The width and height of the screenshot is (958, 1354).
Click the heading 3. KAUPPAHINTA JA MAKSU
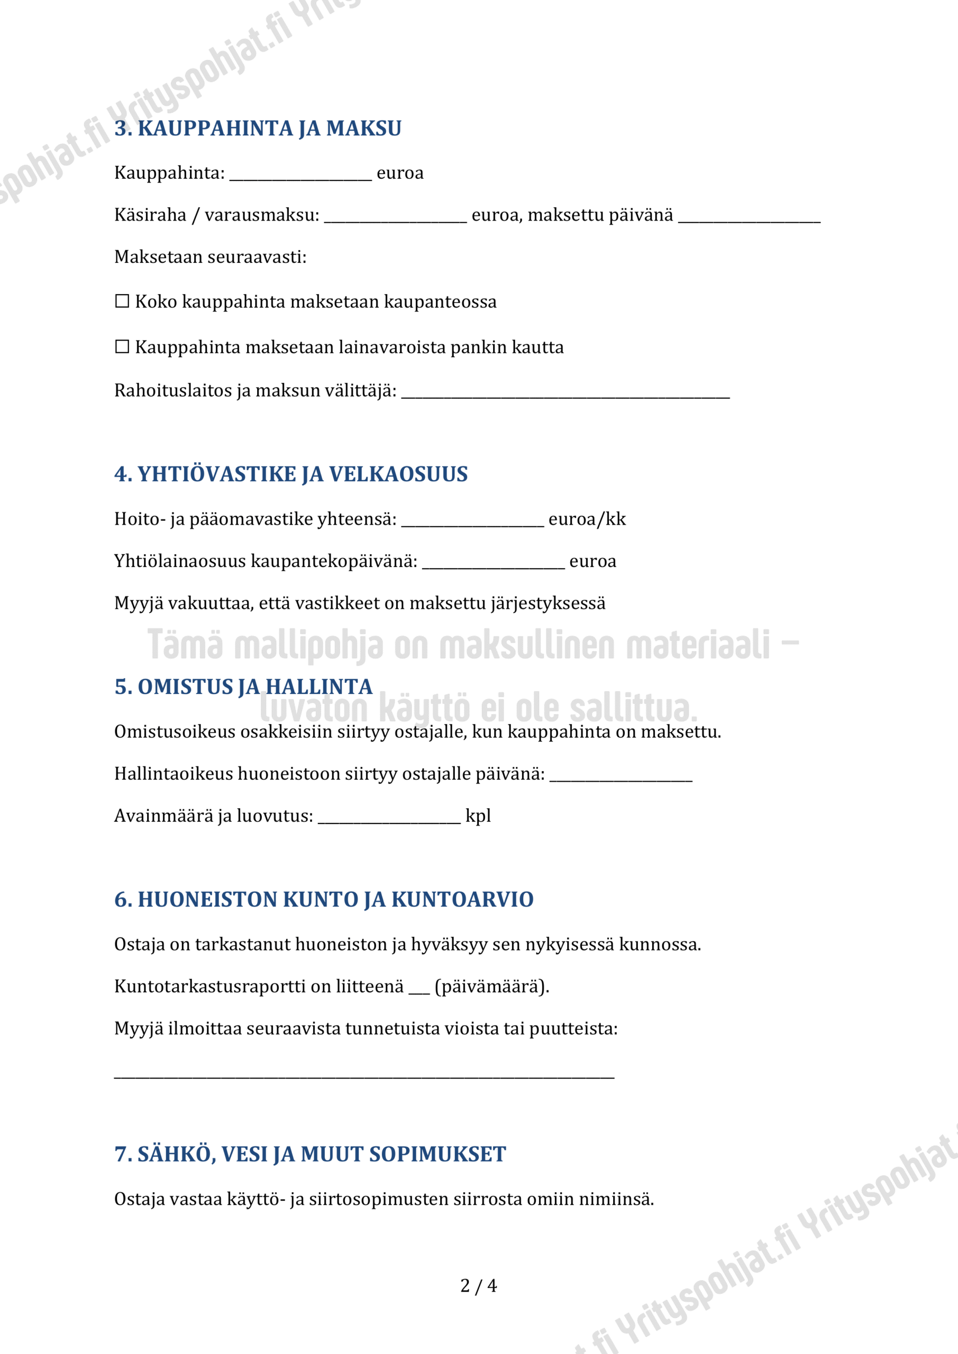(x=258, y=129)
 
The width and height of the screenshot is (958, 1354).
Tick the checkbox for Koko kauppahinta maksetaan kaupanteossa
(x=122, y=301)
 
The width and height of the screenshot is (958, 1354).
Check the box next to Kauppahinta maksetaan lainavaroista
(x=122, y=347)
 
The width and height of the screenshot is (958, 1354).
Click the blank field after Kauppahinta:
(x=301, y=175)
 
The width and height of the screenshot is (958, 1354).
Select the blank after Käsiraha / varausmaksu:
(x=395, y=216)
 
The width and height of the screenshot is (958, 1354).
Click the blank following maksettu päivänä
(x=749, y=216)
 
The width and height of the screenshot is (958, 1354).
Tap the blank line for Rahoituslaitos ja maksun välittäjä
(x=565, y=392)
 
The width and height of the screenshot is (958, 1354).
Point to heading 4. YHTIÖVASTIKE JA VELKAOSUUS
(x=291, y=474)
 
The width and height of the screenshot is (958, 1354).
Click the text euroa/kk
(x=587, y=519)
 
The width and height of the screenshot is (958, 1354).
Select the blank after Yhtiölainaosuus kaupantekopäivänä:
(x=493, y=563)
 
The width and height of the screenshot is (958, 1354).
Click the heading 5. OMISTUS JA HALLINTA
(x=243, y=687)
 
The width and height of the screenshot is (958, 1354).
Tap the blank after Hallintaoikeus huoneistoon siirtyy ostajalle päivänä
(x=621, y=775)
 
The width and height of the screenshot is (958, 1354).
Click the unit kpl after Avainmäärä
(x=478, y=816)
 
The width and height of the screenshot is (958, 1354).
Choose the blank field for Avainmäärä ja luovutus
(x=389, y=818)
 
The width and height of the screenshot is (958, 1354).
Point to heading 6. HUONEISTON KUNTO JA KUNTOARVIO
(x=324, y=899)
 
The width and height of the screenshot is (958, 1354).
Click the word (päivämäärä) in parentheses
(x=491, y=986)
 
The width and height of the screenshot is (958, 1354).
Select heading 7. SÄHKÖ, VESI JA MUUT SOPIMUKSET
(x=311, y=1155)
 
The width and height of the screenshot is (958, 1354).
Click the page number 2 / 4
(x=478, y=1286)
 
